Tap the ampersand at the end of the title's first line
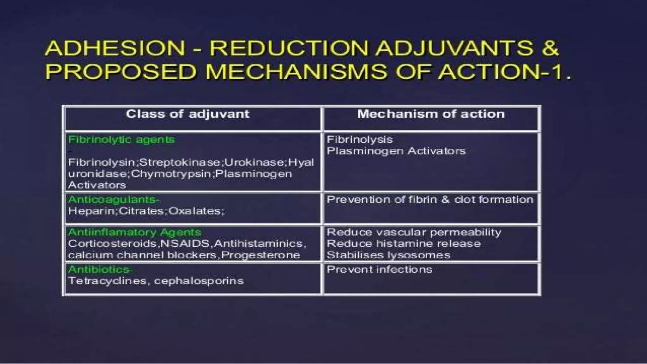(x=550, y=48)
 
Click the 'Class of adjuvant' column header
(x=188, y=114)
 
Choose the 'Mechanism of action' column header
(x=431, y=114)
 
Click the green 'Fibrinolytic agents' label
(x=121, y=139)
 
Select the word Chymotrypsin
(x=171, y=174)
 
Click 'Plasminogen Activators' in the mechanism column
(x=396, y=151)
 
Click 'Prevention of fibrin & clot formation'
(x=430, y=200)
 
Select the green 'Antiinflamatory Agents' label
(x=135, y=232)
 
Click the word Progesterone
(x=261, y=255)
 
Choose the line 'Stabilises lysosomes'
(x=389, y=255)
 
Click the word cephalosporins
(x=199, y=281)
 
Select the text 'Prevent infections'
(x=379, y=270)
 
